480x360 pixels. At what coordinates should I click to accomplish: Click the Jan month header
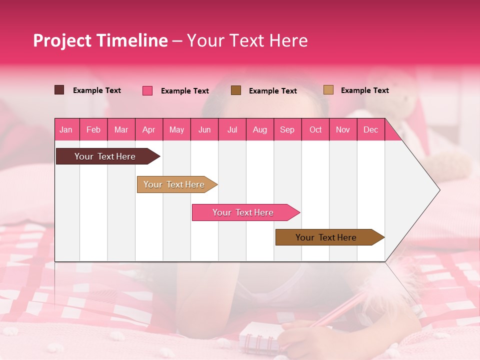tap(66, 129)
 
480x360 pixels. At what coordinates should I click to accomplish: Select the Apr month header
tap(148, 129)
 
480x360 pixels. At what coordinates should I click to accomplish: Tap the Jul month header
tap(232, 129)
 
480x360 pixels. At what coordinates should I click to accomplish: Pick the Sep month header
tap(287, 129)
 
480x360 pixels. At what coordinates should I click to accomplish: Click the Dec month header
tap(370, 129)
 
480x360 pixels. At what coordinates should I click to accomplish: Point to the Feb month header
tap(93, 129)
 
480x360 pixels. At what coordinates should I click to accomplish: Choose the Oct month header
tap(315, 129)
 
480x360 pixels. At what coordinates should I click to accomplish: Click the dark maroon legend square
tap(59, 90)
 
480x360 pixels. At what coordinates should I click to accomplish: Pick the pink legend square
tap(147, 90)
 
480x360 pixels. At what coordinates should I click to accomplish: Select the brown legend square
tap(236, 90)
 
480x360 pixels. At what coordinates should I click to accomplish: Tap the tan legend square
tap(328, 90)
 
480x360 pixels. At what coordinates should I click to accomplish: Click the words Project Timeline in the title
tap(100, 40)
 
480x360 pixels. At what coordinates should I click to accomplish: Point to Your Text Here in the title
tap(247, 40)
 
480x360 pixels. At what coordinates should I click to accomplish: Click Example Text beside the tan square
tap(364, 90)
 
